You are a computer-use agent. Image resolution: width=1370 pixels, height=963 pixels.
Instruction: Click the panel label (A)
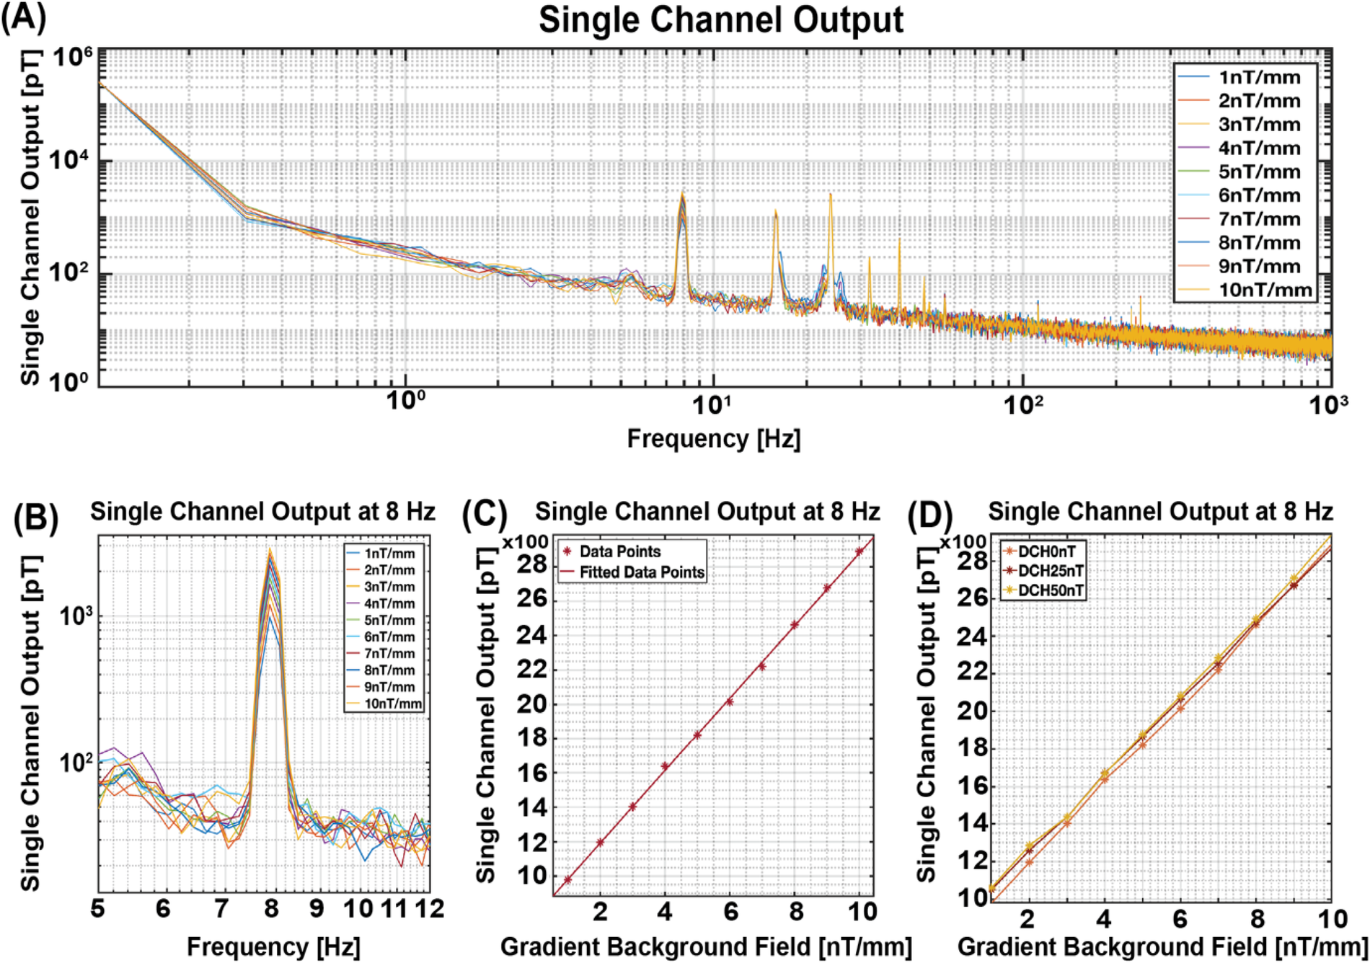tap(24, 17)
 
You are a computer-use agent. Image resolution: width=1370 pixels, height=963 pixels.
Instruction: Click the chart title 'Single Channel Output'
tap(720, 20)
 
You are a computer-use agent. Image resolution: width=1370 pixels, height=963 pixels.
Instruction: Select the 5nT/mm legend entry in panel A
tap(1259, 172)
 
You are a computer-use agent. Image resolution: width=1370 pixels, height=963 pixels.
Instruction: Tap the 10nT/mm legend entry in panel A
tap(1265, 290)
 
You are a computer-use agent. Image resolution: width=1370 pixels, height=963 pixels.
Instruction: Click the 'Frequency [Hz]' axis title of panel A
tap(713, 438)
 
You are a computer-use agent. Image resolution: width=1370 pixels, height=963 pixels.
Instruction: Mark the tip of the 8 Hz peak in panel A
tap(682, 193)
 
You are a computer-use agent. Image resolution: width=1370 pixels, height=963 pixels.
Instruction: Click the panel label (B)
tap(35, 518)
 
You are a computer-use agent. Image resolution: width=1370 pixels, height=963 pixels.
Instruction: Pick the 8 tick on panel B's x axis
tap(271, 909)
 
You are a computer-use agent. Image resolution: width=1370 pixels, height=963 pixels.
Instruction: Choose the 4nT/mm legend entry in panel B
tap(389, 603)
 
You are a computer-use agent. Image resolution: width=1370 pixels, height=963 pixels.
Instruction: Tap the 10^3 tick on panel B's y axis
tap(76, 617)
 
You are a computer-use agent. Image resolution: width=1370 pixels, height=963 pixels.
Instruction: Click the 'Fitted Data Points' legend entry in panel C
tap(641, 572)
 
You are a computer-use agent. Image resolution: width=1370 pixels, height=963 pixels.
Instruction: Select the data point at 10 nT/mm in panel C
tap(859, 551)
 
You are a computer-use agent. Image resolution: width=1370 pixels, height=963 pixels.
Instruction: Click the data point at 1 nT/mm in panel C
tap(567, 879)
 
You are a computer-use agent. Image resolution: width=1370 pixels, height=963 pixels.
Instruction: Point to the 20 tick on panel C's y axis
tap(531, 704)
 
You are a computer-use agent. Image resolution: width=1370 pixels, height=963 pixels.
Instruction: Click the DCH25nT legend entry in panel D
tap(1050, 571)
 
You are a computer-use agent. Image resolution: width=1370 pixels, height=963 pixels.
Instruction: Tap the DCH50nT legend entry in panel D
tap(1050, 590)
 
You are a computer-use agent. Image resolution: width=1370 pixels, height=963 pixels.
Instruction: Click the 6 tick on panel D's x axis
tap(1180, 919)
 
